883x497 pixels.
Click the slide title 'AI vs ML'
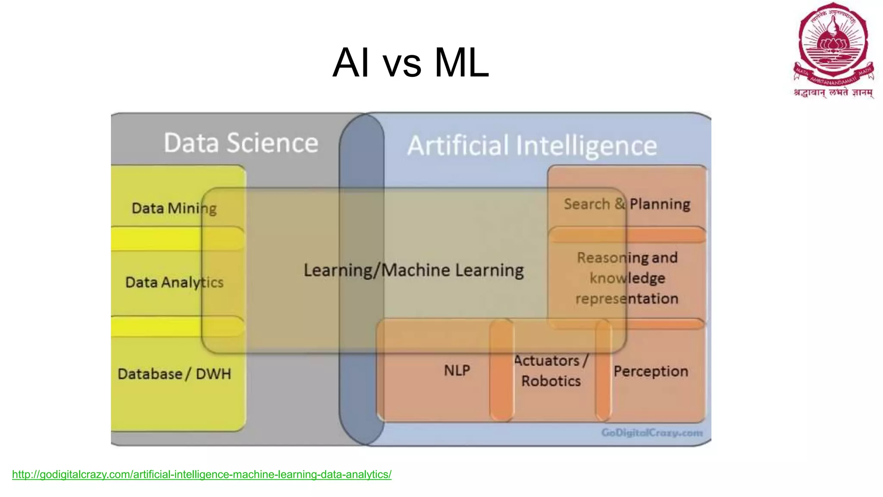(x=411, y=63)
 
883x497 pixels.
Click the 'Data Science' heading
(x=241, y=143)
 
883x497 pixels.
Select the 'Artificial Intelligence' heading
(x=532, y=145)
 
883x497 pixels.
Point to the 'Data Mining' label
(x=174, y=208)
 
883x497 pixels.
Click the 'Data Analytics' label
(x=174, y=283)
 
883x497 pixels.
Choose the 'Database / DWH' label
(x=174, y=374)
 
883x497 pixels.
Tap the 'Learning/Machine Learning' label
(x=413, y=271)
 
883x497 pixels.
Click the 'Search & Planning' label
(x=627, y=204)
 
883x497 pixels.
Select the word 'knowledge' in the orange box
(x=627, y=278)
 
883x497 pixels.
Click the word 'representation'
(x=627, y=299)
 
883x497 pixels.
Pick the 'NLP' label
(x=457, y=371)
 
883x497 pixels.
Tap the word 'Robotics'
(x=551, y=381)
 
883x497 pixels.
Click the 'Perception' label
(x=651, y=371)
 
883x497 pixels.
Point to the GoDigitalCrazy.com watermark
(x=652, y=433)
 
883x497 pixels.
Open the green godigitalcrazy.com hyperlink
(x=202, y=475)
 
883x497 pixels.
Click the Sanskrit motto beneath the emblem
(x=833, y=93)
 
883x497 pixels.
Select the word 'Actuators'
(x=547, y=361)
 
